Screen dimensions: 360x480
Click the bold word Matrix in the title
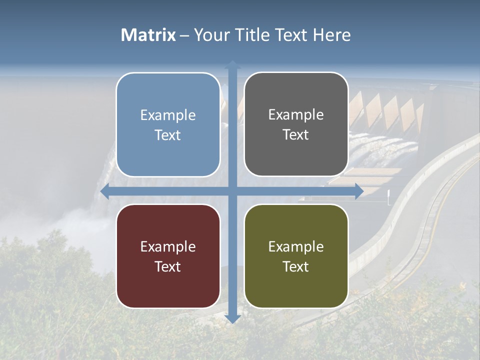148,35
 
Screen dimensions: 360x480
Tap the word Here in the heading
331,35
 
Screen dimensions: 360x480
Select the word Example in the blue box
168,115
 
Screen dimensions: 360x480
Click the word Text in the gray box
296,135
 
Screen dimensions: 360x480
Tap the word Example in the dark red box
168,247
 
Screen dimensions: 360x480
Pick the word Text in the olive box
296,267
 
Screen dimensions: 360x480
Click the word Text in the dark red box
168,267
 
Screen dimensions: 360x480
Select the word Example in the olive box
296,247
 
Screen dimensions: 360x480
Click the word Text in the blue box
168,135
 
